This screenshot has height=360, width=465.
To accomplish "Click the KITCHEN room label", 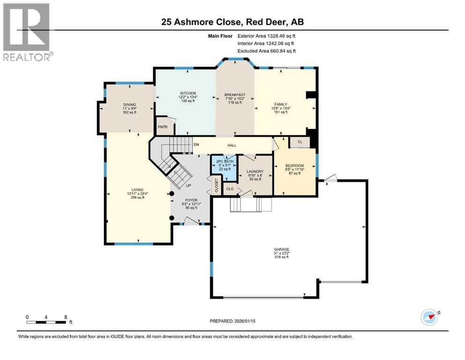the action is (x=188, y=93).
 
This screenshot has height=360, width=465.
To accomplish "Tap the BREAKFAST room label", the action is (x=235, y=95).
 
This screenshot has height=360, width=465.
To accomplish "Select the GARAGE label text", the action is (x=281, y=249).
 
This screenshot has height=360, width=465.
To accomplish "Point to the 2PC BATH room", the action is (x=224, y=168).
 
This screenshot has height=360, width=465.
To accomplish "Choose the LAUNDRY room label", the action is (x=255, y=172).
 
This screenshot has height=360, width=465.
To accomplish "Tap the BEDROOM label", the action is (x=295, y=165).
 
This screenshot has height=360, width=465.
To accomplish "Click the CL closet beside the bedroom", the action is (x=300, y=142).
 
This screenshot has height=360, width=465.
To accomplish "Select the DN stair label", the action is (x=196, y=144).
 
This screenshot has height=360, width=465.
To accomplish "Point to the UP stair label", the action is (x=188, y=186).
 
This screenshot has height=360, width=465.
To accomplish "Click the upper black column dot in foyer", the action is (x=171, y=194).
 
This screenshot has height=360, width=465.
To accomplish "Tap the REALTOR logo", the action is (x=27, y=32).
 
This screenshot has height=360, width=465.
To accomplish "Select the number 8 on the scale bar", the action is (x=66, y=317).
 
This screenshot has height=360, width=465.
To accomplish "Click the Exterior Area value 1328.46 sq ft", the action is (x=281, y=36).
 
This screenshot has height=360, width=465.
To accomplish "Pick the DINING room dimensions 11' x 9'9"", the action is (x=130, y=109).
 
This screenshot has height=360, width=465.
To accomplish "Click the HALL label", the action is (x=232, y=145).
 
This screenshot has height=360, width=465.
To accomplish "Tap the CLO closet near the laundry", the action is (x=230, y=189).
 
